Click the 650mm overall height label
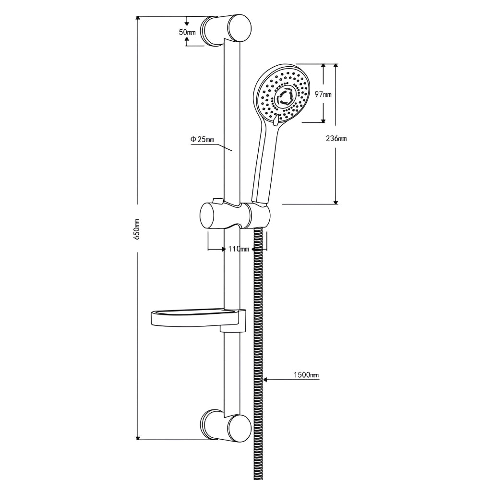pyautogui.click(x=137, y=229)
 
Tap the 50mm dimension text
pyautogui.click(x=187, y=32)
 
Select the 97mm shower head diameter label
pyautogui.click(x=323, y=94)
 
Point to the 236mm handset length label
pyautogui.click(x=336, y=138)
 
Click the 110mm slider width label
pyautogui.click(x=239, y=249)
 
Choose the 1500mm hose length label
pyautogui.click(x=306, y=375)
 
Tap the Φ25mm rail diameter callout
pyautogui.click(x=203, y=139)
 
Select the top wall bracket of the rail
pyautogui.click(x=226, y=30)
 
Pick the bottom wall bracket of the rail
pyautogui.click(x=226, y=426)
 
